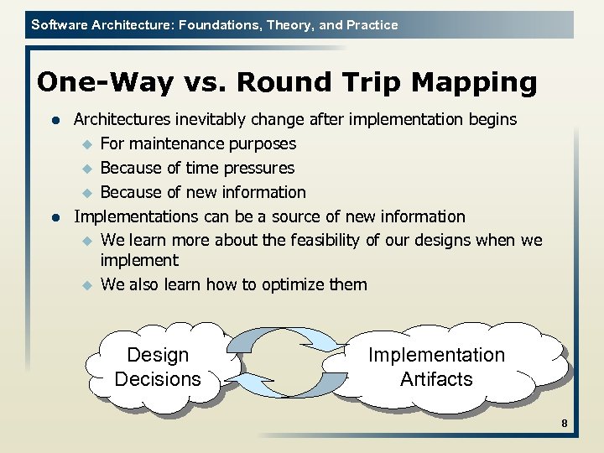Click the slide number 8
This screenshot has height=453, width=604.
pos(565,424)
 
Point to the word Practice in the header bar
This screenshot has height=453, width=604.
pos(370,24)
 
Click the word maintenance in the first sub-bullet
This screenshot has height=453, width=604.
pos(176,143)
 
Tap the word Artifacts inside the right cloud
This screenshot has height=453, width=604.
pos(436,379)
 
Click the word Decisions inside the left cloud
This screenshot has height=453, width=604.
pos(158,379)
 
